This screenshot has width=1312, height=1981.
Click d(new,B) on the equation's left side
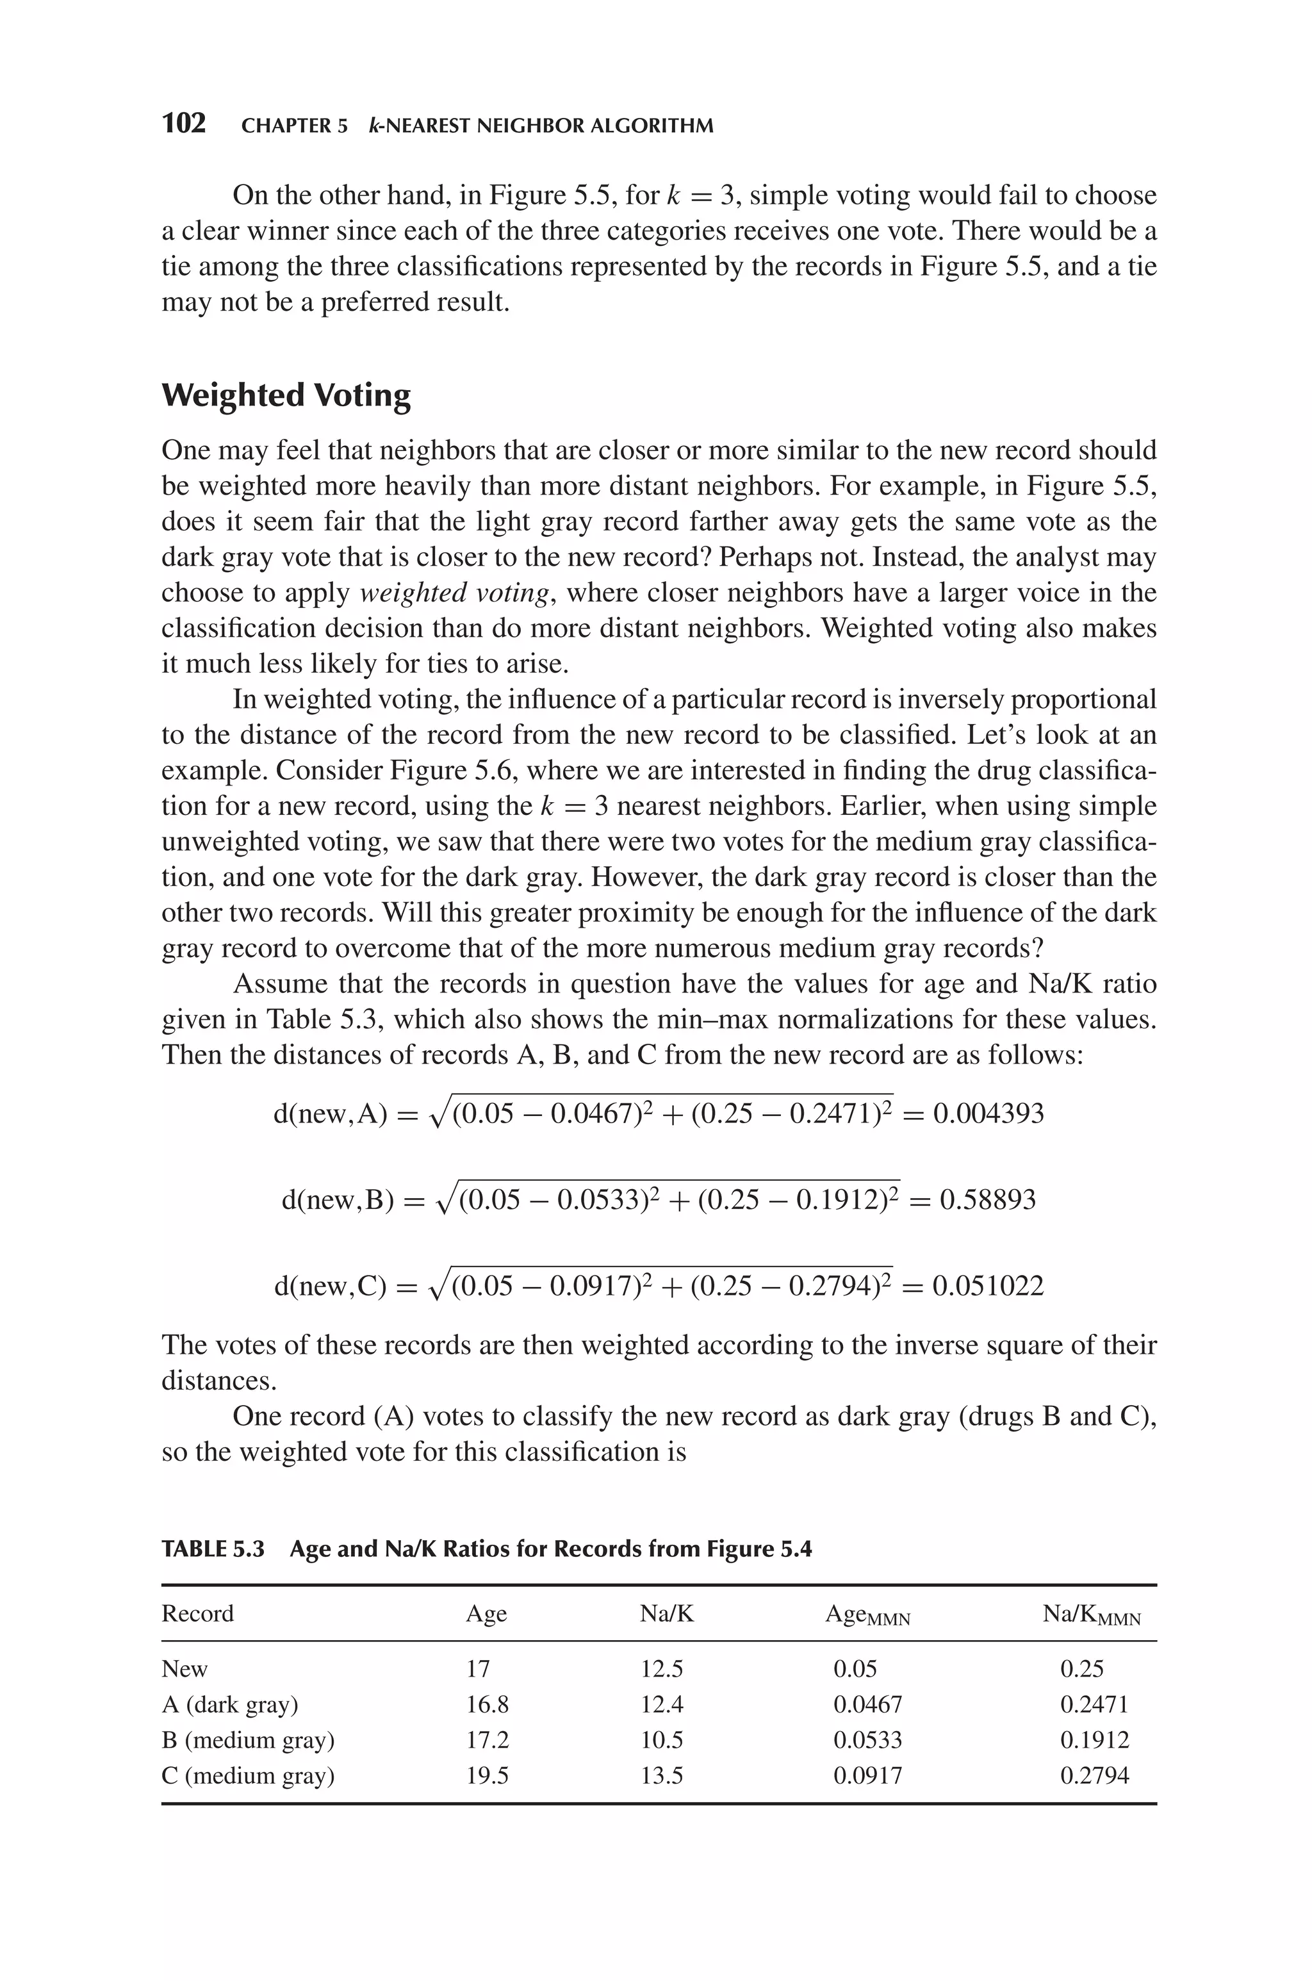(337, 1201)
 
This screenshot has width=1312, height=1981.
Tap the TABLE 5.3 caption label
(213, 1549)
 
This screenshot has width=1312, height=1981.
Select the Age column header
(486, 1614)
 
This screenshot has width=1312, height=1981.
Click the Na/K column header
(667, 1614)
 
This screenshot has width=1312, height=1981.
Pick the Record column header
(197, 1614)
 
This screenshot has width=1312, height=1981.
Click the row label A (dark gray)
(229, 1704)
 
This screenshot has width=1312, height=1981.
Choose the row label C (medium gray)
(248, 1775)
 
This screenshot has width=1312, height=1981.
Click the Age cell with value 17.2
(487, 1740)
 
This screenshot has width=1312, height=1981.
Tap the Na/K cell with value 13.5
(661, 1775)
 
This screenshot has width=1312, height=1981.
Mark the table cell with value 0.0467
(867, 1704)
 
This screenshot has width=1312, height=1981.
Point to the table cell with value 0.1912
(1094, 1740)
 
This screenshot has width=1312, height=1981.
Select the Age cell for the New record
(478, 1669)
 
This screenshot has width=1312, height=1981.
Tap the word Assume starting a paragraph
(273, 984)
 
